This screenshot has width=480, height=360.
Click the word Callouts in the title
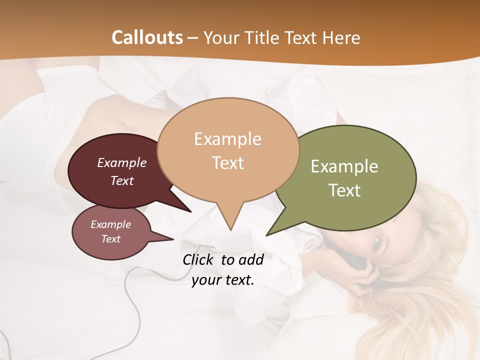(147, 37)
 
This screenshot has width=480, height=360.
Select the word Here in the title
(341, 37)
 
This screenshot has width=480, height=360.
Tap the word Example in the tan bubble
(227, 139)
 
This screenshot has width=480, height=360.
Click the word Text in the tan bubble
(227, 162)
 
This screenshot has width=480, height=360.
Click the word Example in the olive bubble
(344, 166)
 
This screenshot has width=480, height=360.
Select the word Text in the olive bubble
(344, 190)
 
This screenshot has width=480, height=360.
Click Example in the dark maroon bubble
(122, 162)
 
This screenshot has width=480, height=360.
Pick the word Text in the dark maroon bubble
(122, 180)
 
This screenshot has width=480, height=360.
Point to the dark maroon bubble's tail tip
(190, 211)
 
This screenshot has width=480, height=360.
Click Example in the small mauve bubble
(111, 224)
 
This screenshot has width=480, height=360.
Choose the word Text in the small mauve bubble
(111, 239)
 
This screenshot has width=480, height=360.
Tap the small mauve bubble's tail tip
(173, 239)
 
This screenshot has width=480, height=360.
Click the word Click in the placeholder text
(199, 259)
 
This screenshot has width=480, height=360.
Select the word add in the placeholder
(251, 259)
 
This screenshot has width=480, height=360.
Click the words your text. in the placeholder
(222, 280)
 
